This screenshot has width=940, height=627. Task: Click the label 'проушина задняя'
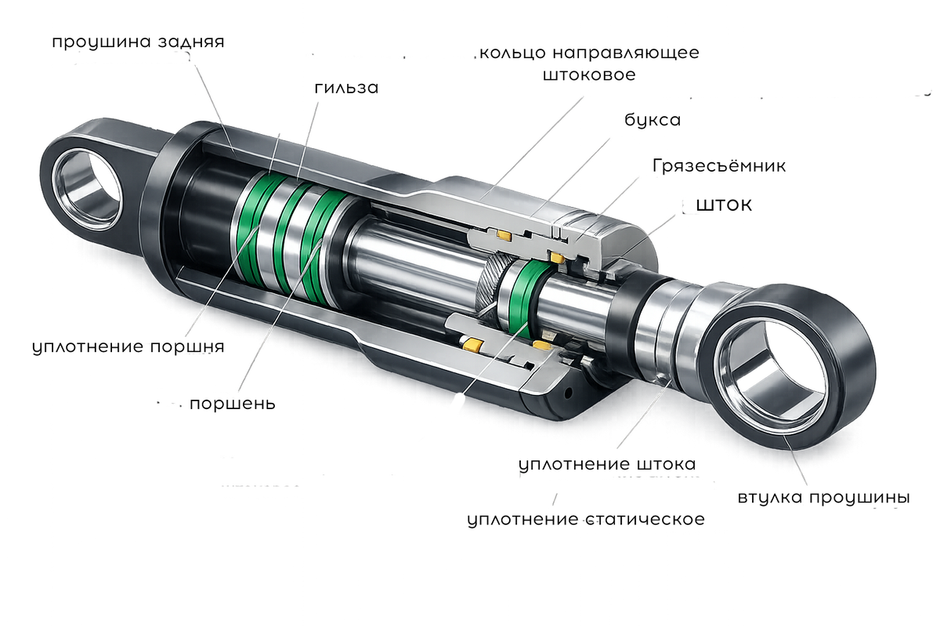pos(138,42)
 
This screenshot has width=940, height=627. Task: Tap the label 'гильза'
pos(346,88)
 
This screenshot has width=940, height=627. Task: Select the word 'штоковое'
pos(589,74)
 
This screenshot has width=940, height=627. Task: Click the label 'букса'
pos(653,120)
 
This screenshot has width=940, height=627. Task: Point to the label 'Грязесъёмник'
pos(719,166)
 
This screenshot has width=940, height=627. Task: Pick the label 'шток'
pos(725,205)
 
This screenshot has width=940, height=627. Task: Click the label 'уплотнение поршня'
pos(128,347)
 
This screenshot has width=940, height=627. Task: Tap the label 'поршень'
pos(233,404)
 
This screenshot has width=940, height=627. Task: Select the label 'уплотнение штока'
pos(607,465)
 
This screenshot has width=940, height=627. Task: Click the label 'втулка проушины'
pos(824,498)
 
